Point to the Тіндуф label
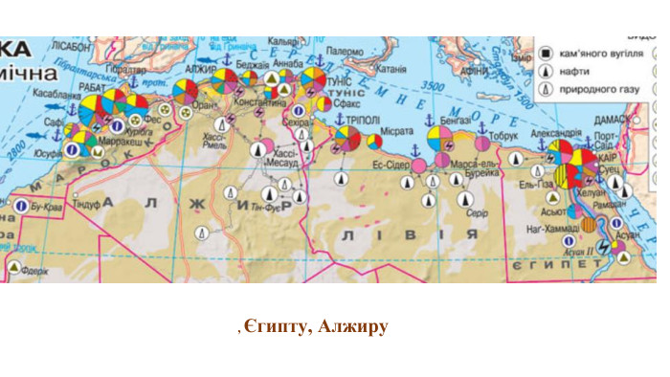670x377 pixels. point(87,204)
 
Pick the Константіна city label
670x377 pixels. point(257,100)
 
